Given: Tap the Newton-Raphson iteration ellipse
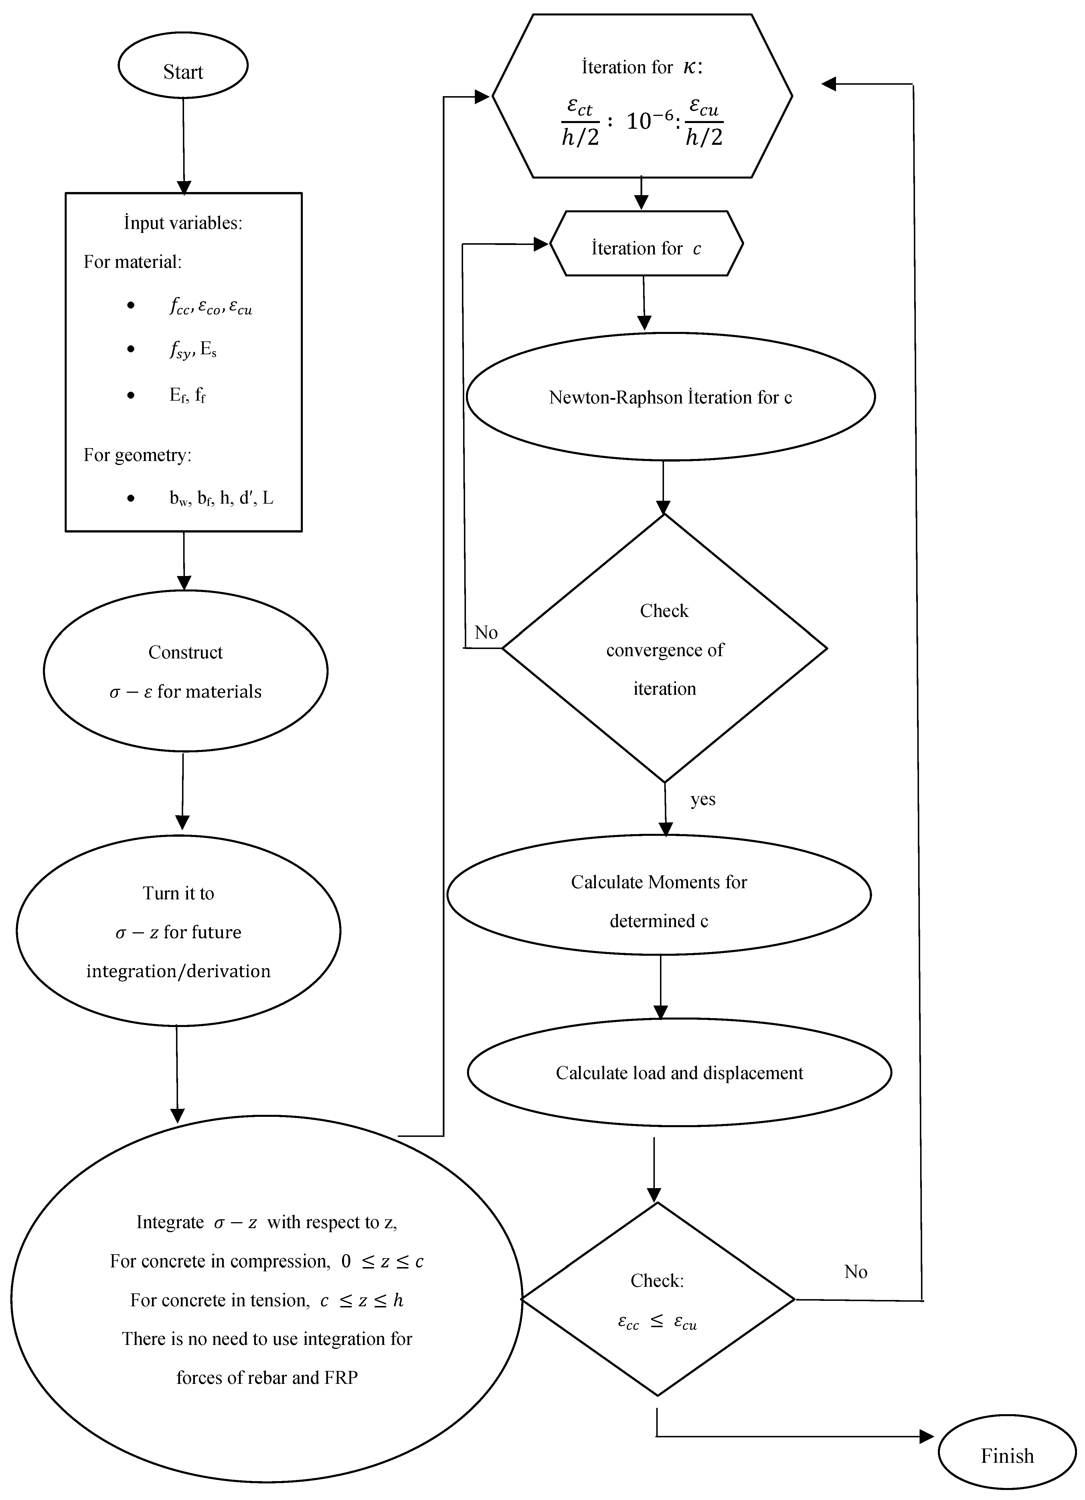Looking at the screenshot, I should pyautogui.click(x=670, y=397).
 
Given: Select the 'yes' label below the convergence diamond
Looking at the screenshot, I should pyautogui.click(x=703, y=799).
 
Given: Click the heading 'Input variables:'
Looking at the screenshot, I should pyautogui.click(x=183, y=223).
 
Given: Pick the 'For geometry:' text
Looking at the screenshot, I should pyautogui.click(x=137, y=455).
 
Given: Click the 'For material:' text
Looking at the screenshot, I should pyautogui.click(x=132, y=262).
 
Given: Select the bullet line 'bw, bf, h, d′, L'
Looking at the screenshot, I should pyautogui.click(x=221, y=498).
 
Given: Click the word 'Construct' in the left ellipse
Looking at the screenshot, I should pyautogui.click(x=185, y=652).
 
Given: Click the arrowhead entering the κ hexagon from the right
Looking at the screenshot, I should pyautogui.click(x=828, y=84).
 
